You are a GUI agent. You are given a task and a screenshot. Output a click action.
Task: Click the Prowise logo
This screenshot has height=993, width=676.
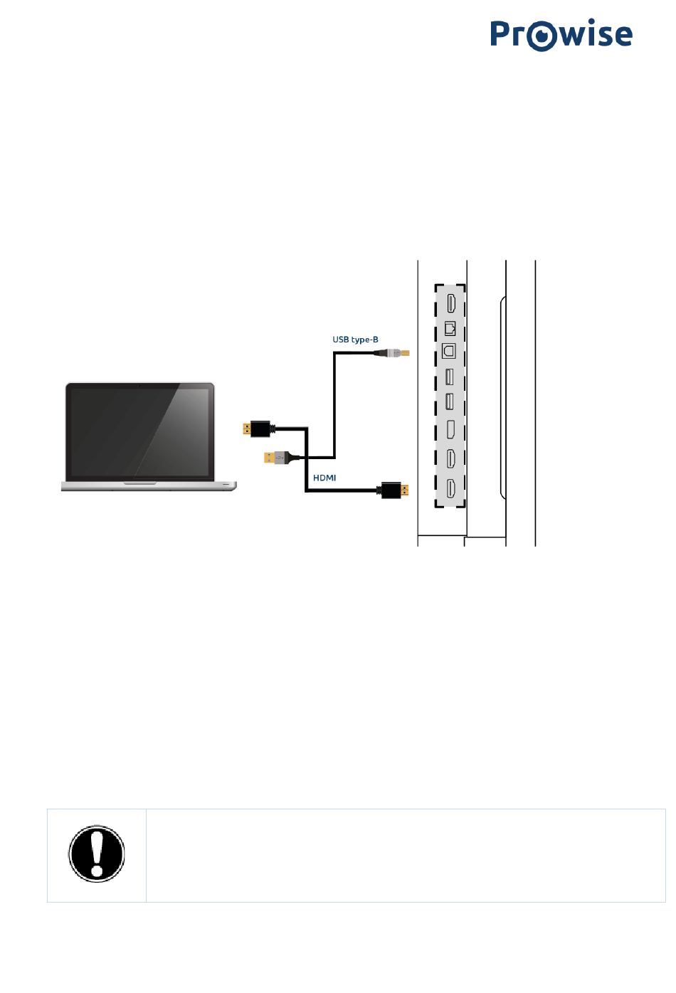pyautogui.click(x=561, y=35)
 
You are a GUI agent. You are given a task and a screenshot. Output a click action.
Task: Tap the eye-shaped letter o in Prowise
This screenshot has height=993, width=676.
pyautogui.click(x=543, y=36)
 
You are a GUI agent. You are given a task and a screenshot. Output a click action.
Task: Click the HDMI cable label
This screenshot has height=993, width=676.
pyautogui.click(x=324, y=478)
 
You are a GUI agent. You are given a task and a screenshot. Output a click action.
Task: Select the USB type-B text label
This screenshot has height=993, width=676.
pyautogui.click(x=355, y=340)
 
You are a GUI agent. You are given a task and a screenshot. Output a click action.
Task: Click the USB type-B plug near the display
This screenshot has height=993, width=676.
pyautogui.click(x=394, y=352)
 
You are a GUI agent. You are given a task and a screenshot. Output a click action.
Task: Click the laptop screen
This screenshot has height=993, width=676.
pyautogui.click(x=140, y=431)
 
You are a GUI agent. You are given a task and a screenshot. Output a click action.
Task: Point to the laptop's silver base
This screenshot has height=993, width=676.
pyautogui.click(x=149, y=485)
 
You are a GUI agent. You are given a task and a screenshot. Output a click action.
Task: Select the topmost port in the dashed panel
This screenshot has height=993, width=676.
pyautogui.click(x=450, y=303)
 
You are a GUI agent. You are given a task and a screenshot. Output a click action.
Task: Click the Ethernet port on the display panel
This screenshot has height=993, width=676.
pyautogui.click(x=450, y=328)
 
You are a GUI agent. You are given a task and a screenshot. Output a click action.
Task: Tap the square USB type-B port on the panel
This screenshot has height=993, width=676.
pyautogui.click(x=449, y=351)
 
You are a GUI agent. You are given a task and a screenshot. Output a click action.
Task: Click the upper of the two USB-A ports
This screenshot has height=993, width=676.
pyautogui.click(x=449, y=377)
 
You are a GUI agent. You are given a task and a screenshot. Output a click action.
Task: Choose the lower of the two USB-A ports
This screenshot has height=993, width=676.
pyautogui.click(x=449, y=401)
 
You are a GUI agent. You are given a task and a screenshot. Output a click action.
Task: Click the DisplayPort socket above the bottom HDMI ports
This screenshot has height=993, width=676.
pyautogui.click(x=450, y=429)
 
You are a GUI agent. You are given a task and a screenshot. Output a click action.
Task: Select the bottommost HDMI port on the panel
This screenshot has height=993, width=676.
pyautogui.click(x=450, y=488)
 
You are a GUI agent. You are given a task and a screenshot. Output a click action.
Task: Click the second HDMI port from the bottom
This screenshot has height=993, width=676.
pyautogui.click(x=450, y=458)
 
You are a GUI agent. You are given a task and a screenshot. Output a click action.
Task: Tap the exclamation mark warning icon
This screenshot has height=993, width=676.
pyautogui.click(x=97, y=854)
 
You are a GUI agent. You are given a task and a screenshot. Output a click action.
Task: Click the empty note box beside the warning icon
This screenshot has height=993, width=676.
pyautogui.click(x=405, y=855)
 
